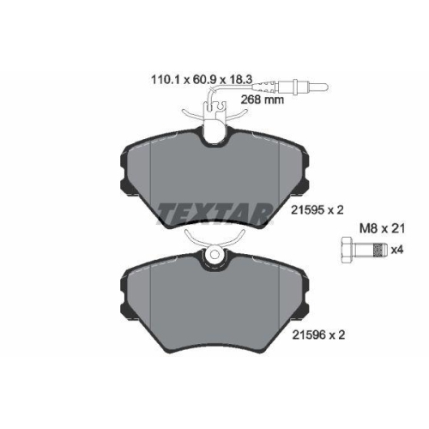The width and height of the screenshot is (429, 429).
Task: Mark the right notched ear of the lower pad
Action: [x=302, y=273]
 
